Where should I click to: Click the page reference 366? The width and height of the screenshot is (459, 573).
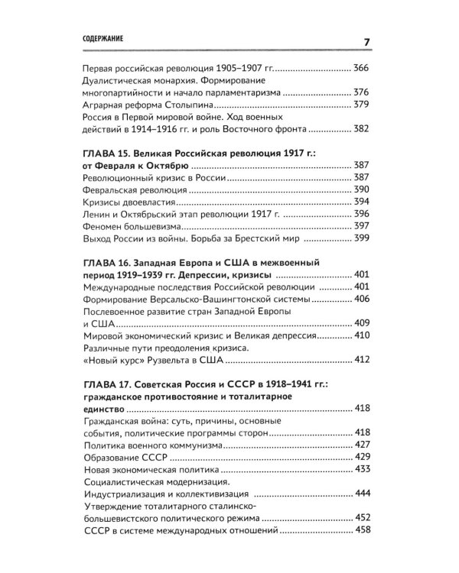[363, 67]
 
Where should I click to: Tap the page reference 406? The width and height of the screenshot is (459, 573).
[363, 299]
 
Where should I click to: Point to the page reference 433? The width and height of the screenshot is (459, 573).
[363, 469]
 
